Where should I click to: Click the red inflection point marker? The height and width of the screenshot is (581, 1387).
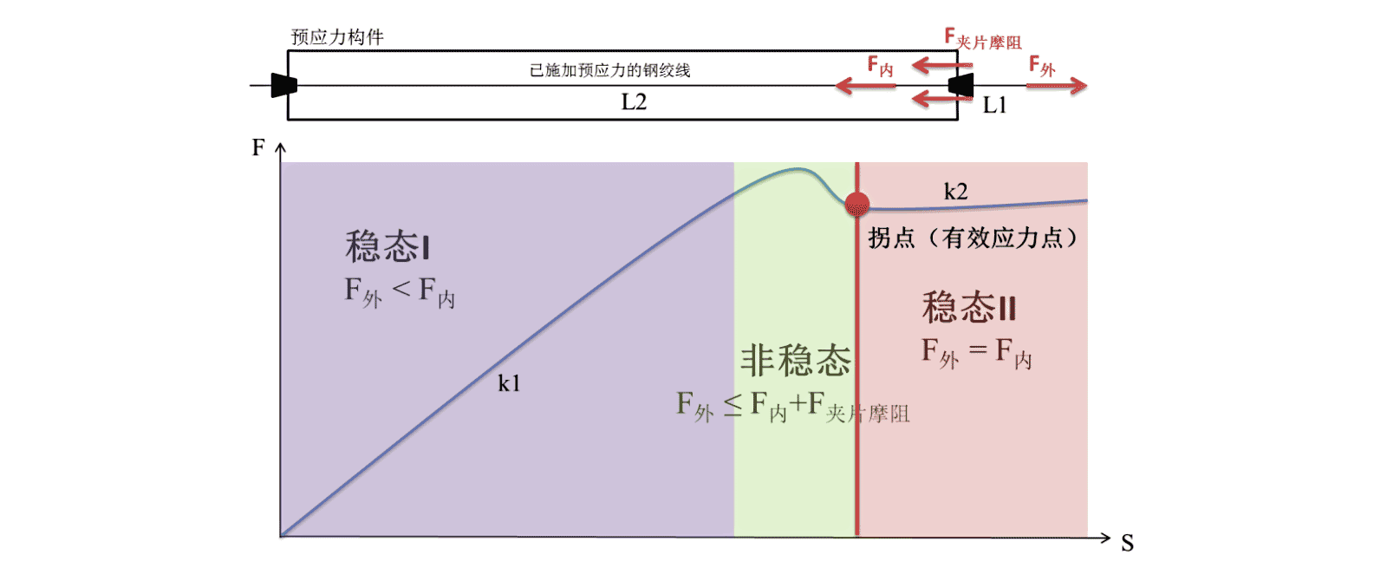coord(856,204)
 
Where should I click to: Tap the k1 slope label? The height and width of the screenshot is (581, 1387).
coord(509,383)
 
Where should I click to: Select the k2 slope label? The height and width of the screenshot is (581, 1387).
coord(955,192)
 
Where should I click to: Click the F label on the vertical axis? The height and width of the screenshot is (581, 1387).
coord(257,147)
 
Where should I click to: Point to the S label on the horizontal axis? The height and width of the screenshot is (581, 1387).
coord(1127,544)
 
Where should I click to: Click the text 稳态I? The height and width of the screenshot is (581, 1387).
coord(387,247)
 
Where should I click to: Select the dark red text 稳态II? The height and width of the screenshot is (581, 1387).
coord(968,308)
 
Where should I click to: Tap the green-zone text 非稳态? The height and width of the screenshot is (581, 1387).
coord(795,360)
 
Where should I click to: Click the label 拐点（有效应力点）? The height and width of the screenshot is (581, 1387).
coord(973,238)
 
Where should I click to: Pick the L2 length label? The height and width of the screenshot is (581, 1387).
coord(634,102)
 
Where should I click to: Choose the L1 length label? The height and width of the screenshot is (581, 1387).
coord(994,106)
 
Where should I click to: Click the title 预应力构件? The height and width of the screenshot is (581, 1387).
coord(337,37)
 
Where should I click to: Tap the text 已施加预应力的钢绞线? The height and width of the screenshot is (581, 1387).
coord(610,70)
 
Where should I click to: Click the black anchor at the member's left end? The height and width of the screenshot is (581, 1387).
coord(283,85)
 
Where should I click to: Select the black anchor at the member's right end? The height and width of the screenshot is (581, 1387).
coord(960,85)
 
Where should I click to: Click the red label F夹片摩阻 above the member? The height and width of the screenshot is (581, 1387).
coord(983,40)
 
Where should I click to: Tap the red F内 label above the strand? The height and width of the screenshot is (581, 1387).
coord(880,66)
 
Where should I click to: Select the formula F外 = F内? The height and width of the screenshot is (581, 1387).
coord(976,352)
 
